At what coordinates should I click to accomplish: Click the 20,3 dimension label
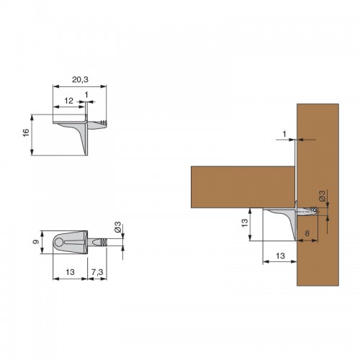pos(80,79)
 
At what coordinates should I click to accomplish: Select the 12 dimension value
pos(68,101)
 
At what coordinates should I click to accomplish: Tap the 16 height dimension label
pos(26,132)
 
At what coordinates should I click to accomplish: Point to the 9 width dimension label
pos(36,242)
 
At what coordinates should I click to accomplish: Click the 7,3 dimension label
pos(97,272)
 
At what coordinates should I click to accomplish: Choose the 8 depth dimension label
pos(307,233)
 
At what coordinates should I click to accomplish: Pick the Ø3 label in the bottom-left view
pos(117,227)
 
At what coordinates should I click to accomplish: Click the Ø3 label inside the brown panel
pos(322,196)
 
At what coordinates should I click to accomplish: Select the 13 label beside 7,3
pos(70,272)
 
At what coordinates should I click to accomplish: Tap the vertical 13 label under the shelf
pos(244,223)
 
